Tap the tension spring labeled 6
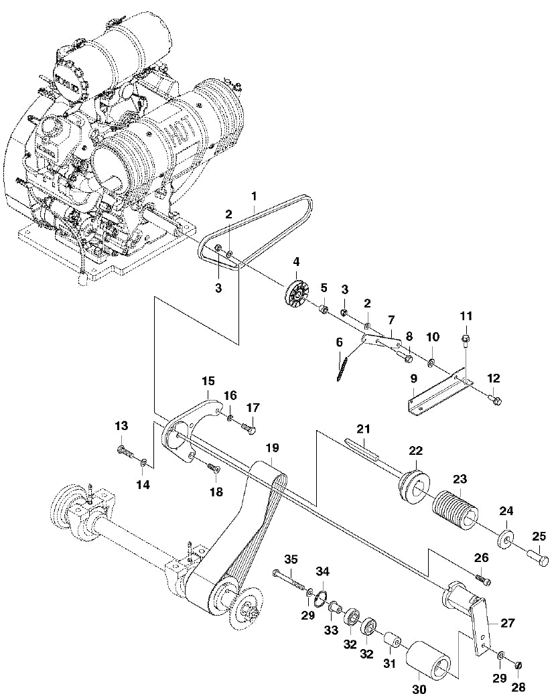[342, 368]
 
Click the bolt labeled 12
[494, 401]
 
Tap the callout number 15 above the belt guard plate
[207, 380]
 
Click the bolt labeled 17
[249, 426]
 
